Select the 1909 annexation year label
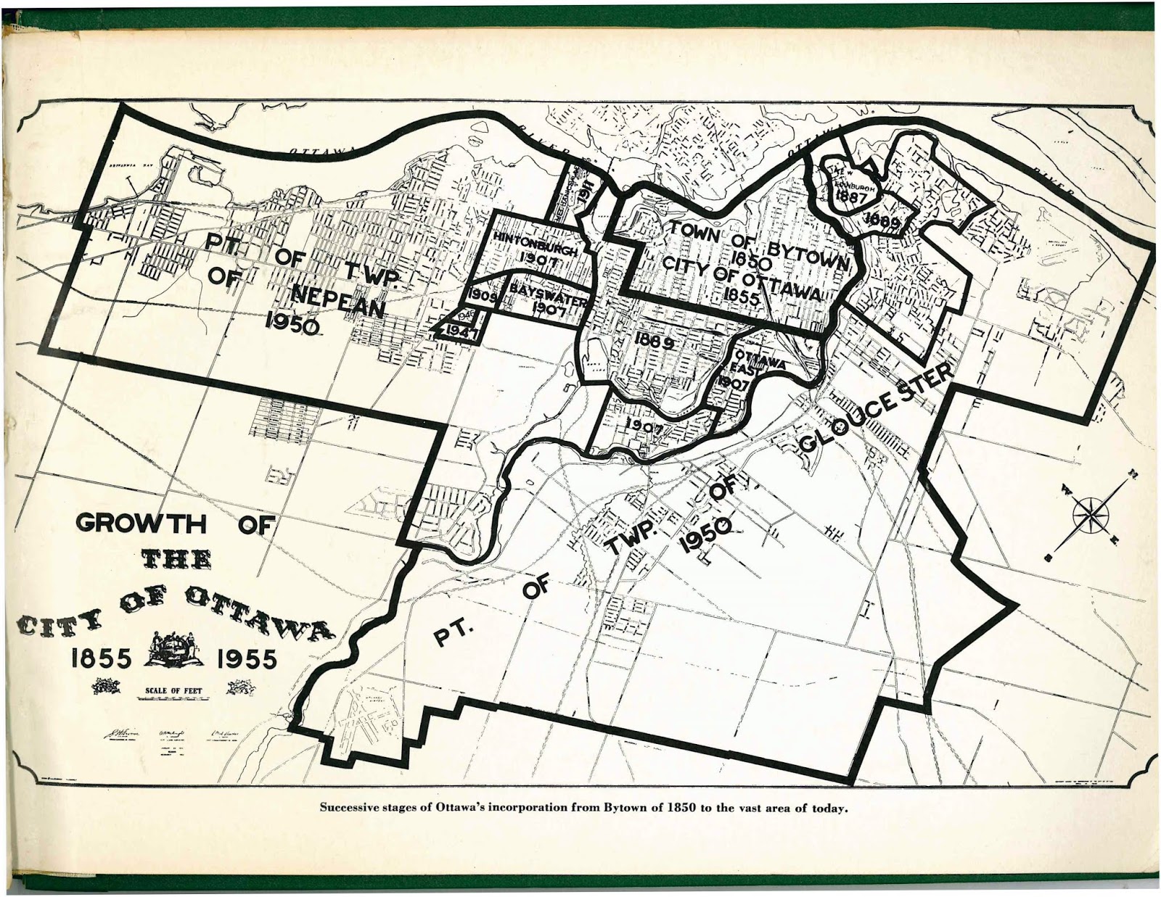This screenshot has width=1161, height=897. click(x=482, y=296)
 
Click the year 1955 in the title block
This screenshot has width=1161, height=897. click(x=246, y=659)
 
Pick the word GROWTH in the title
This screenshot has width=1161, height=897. click(x=141, y=524)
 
